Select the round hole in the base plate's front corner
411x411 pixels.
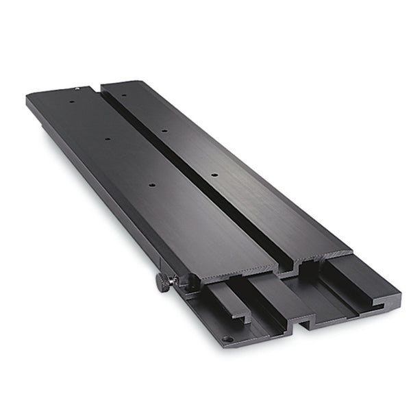(228, 338)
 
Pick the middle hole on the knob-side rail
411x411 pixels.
(108, 139)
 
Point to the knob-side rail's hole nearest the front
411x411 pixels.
(151, 183)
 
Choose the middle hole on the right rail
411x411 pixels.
(164, 129)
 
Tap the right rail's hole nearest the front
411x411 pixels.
(214, 175)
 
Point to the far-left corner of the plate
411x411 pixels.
(29, 98)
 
